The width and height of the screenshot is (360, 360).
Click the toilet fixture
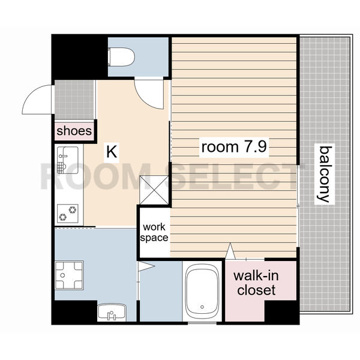click(121, 57)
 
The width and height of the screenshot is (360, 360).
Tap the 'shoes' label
click(74, 131)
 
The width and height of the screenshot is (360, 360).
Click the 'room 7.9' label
click(234, 147)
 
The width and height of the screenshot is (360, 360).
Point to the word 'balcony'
click(324, 174)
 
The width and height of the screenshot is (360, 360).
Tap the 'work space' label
click(154, 232)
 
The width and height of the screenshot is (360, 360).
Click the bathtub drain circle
click(202, 307)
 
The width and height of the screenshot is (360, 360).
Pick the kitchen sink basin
click(67, 160)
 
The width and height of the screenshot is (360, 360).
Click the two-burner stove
click(67, 214)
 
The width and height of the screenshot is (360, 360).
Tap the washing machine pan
click(69, 275)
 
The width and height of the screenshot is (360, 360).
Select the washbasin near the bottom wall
click(112, 312)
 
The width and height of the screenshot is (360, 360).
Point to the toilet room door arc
click(143, 98)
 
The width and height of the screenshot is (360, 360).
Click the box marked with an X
click(154, 190)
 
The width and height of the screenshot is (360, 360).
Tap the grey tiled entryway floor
click(74, 100)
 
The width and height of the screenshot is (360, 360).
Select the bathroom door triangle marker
click(146, 266)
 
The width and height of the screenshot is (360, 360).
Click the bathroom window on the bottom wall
click(202, 323)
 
